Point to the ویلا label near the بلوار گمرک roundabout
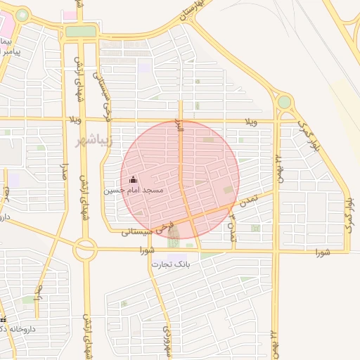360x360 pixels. pos(251,122)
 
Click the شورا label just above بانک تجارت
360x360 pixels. pos(146,250)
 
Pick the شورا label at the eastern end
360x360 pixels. pos(323,251)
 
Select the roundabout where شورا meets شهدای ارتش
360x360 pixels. pos(86,247)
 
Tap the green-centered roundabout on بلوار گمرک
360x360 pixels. pos(284,102)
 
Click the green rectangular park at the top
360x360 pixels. pos(80,32)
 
